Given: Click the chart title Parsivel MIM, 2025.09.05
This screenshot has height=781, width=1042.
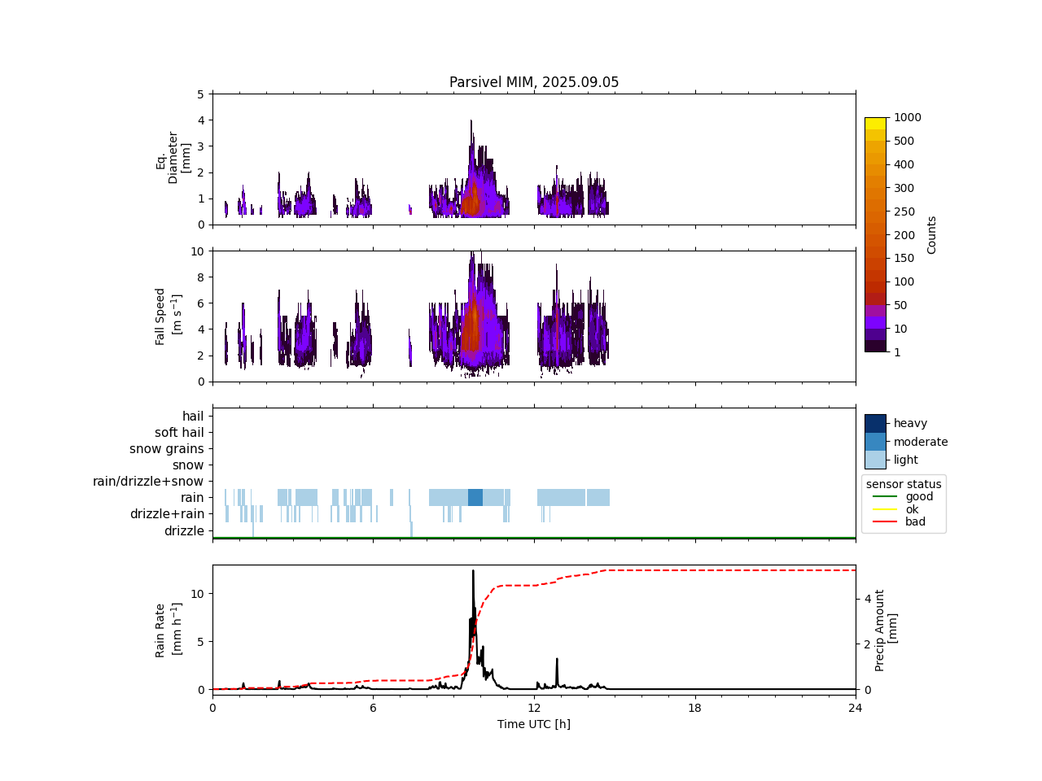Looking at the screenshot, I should coord(534,82).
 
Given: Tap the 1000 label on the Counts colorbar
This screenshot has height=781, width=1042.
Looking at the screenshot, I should coord(907,118).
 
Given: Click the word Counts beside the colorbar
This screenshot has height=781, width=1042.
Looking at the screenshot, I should coord(932,235).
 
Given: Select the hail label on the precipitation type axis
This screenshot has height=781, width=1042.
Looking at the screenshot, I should coord(193,417).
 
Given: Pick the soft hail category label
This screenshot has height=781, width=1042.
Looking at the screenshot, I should coord(179,433).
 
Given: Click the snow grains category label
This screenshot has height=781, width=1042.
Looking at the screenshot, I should coord(167,449).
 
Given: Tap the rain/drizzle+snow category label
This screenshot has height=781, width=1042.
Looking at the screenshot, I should coord(148,482).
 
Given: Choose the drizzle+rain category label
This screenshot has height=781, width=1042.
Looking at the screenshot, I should coord(167,514).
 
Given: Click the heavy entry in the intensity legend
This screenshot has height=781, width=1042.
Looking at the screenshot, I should coord(910,423).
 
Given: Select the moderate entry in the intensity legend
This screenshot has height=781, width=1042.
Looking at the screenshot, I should coord(921,442).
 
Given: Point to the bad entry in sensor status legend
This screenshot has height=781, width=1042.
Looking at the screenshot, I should coord(915,522).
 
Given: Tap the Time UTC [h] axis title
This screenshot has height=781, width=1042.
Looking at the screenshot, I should coord(534,724).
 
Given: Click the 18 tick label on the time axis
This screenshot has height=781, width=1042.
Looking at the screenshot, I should coord(694,708).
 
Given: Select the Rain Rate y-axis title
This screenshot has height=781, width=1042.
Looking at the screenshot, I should coord(166,630).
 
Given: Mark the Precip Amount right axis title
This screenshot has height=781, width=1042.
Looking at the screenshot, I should coord(887,630).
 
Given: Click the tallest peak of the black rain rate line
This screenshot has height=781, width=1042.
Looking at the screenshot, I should coord(473,571).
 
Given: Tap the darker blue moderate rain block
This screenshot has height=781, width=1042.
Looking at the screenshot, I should coord(475,498).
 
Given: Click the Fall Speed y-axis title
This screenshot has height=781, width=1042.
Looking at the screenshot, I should coord(167,316).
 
